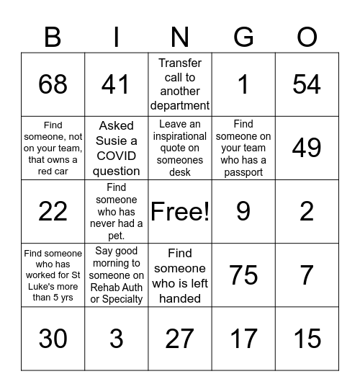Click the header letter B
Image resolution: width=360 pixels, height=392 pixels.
(53, 36)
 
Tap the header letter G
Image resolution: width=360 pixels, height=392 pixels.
(243, 36)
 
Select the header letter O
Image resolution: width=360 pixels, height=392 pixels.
(307, 36)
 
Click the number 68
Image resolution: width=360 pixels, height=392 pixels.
(53, 84)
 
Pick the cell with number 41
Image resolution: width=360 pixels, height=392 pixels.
(116, 84)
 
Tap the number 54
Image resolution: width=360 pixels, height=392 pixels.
(307, 84)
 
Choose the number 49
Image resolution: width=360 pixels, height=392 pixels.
(307, 148)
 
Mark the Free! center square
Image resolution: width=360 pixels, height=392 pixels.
(179, 211)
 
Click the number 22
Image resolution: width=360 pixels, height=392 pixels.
(53, 211)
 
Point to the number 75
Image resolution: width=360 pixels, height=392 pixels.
(243, 275)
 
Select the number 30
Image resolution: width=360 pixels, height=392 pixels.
(53, 338)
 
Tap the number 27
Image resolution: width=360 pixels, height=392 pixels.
(179, 338)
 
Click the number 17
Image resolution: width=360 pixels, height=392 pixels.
(243, 338)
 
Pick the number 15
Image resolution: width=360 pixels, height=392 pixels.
(307, 338)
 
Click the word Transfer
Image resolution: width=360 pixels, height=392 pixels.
(180, 63)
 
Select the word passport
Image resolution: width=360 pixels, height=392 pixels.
(243, 172)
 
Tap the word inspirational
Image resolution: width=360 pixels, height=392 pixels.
(179, 135)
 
